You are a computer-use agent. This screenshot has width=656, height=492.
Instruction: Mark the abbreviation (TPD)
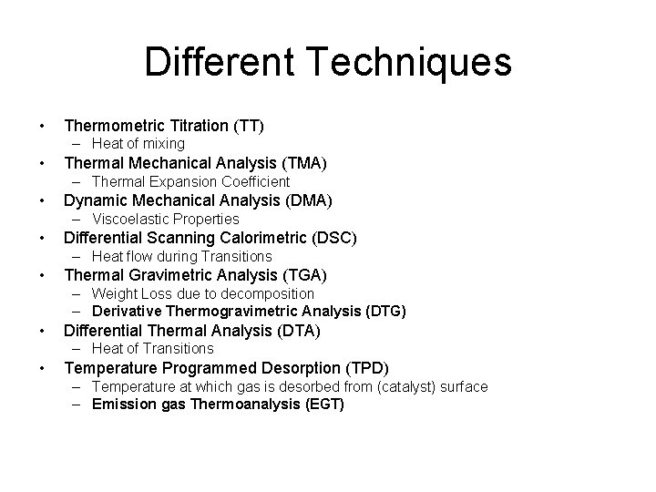tap(366, 368)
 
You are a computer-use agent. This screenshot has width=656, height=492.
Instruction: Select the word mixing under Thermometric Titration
tap(164, 144)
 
